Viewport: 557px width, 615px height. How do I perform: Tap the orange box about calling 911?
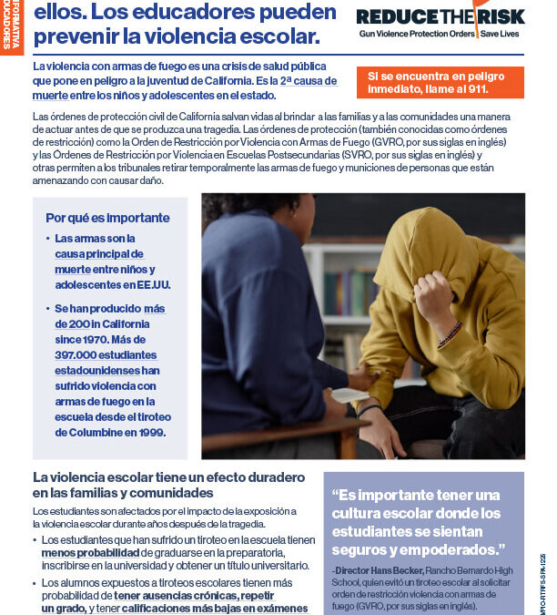[x=440, y=82]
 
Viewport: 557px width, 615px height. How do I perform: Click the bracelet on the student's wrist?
[x=450, y=334]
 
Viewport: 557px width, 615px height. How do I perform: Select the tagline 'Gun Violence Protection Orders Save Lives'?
[x=441, y=36]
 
